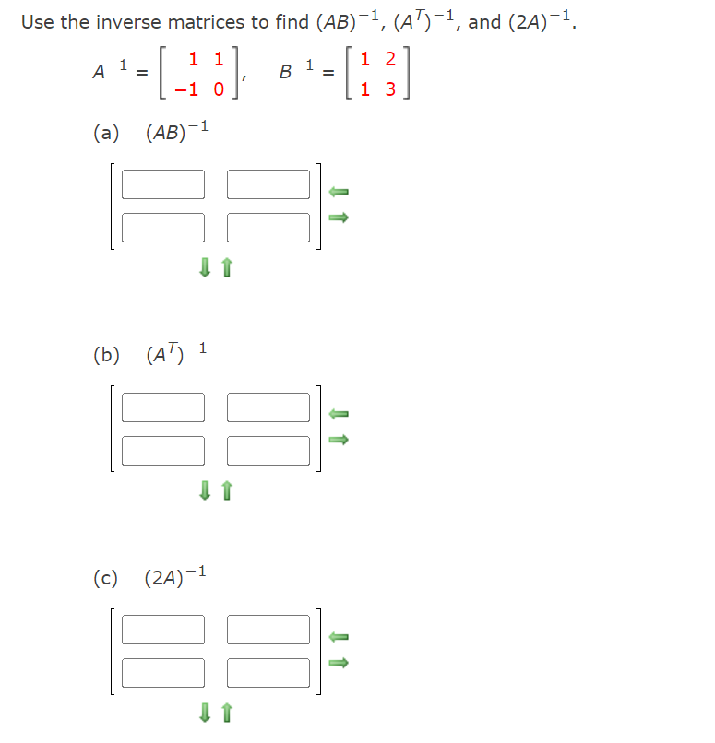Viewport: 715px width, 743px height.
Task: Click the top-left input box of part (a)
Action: [163, 184]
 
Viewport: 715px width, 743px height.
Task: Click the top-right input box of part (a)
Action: [268, 184]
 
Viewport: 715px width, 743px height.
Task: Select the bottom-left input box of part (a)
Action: [163, 227]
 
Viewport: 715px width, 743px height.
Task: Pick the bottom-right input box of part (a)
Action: [268, 227]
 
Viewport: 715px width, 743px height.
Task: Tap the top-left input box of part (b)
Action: [163, 407]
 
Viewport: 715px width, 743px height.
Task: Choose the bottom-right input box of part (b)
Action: [268, 450]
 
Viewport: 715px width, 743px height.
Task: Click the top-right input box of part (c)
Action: [268, 629]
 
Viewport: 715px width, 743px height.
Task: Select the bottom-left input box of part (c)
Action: [163, 672]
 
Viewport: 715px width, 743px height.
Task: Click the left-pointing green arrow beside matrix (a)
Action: [339, 191]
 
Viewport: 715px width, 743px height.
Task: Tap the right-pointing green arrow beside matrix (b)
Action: [339, 441]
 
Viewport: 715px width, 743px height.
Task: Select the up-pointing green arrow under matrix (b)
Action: [227, 491]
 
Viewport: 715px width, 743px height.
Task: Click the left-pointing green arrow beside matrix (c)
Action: [339, 636]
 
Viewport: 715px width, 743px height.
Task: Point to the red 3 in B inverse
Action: [389, 90]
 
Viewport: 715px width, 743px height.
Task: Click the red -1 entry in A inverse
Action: [189, 90]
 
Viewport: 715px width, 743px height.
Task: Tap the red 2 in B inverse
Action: [389, 60]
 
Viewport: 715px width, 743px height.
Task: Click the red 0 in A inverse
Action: [219, 90]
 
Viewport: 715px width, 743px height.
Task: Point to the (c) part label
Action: [105, 579]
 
